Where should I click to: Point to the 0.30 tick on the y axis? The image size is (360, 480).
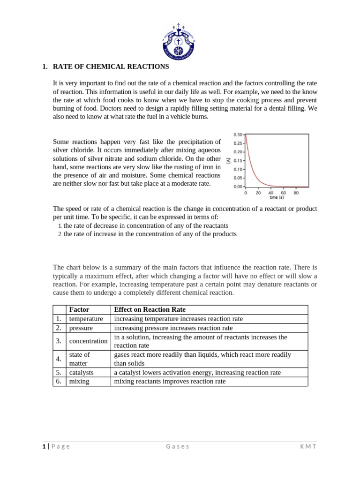pos(238,135)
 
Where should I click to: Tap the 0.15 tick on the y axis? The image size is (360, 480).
pos(238,161)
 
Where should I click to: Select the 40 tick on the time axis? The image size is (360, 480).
pos(271,193)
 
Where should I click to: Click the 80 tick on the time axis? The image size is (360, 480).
pos(296,193)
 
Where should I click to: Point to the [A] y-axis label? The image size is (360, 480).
pos(228,161)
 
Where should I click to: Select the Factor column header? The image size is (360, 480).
pos(79,309)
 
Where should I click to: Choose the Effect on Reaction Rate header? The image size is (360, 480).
pos(150,309)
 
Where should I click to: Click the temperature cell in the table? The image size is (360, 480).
pos(86,319)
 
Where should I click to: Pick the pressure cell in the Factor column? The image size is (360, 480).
pos(81,328)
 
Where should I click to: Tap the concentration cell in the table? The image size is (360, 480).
pos(88,341)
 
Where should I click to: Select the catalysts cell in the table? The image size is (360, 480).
pos(81,372)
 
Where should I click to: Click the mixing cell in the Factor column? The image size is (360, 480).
pos(79,381)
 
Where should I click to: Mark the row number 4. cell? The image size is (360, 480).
pos(59,359)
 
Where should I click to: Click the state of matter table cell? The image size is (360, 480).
pos(79,359)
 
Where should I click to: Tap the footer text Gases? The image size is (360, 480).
pos(178,446)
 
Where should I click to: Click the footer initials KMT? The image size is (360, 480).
pos(308,446)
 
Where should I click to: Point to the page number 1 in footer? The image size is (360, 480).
pos(44,446)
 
